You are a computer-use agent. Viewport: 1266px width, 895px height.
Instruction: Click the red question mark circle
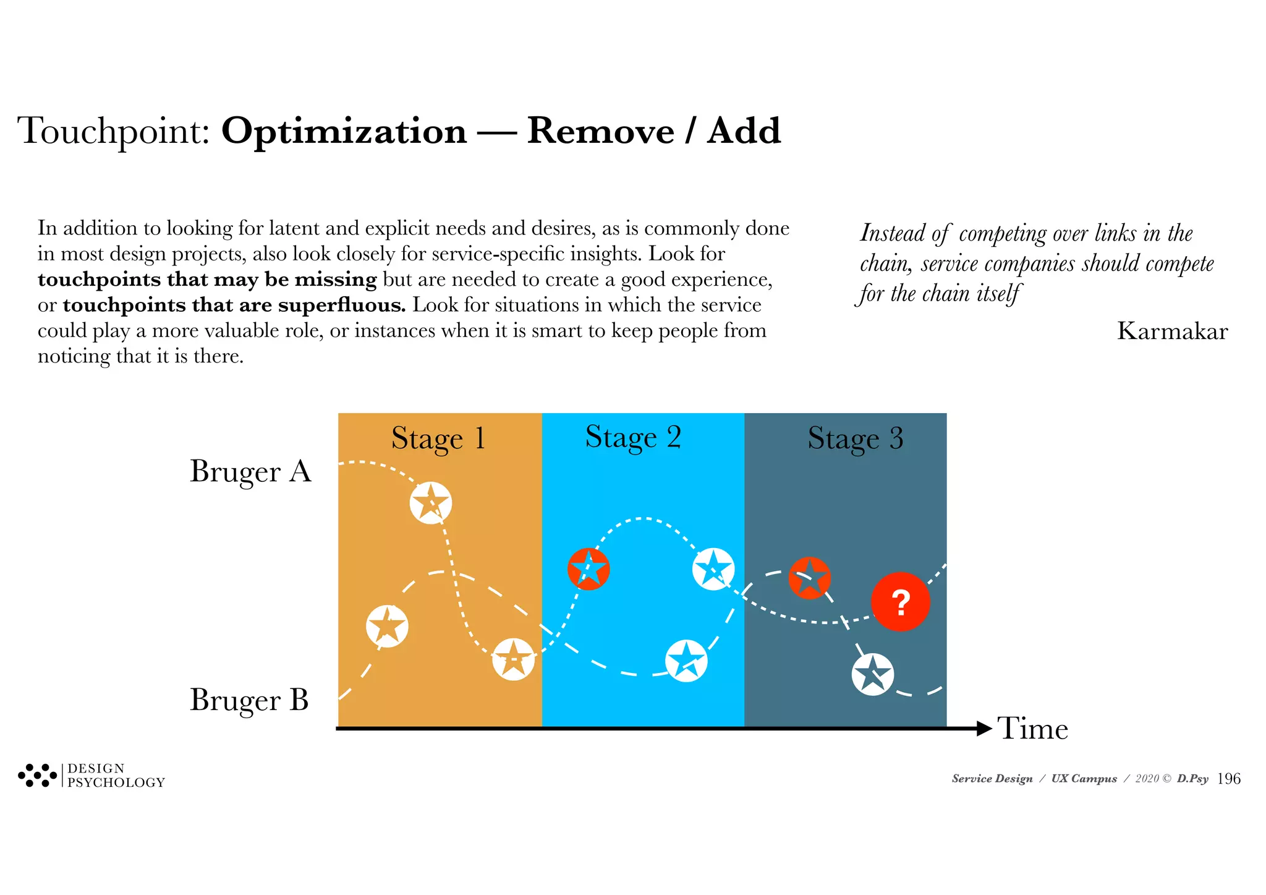(900, 601)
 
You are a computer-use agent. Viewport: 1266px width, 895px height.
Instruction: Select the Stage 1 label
(438, 439)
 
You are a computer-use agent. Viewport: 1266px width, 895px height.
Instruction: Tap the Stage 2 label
(633, 437)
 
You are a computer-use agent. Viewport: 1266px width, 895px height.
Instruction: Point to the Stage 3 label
(855, 439)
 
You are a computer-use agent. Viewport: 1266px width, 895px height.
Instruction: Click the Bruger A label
(250, 471)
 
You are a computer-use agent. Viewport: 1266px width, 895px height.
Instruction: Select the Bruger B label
(249, 700)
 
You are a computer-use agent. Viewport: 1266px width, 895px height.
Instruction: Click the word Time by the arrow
(1032, 729)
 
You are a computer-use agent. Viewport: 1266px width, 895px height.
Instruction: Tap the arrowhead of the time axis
(984, 729)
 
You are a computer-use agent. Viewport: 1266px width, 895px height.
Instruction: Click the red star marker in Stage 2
(588, 568)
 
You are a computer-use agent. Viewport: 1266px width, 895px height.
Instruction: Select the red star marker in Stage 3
(809, 578)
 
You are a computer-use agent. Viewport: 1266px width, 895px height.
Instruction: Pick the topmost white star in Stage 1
(431, 502)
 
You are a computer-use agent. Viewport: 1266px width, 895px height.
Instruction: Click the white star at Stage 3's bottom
(872, 674)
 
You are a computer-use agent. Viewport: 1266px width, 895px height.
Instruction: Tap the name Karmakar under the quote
(1172, 332)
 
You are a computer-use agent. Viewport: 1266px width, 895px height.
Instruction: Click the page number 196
(1229, 779)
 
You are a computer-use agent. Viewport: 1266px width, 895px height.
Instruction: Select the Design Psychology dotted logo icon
(37, 775)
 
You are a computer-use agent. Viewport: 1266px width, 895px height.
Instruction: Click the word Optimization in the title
(344, 131)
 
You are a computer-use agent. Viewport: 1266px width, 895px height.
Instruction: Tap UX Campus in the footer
(1084, 779)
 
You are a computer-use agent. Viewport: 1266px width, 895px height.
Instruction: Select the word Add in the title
(744, 131)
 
